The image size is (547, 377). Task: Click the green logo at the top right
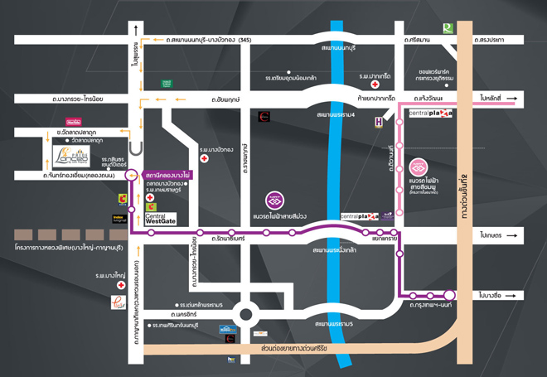448,28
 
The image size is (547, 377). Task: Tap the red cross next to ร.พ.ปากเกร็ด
375,85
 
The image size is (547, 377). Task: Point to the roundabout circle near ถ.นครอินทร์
246,314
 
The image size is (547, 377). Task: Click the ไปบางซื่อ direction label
491,294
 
